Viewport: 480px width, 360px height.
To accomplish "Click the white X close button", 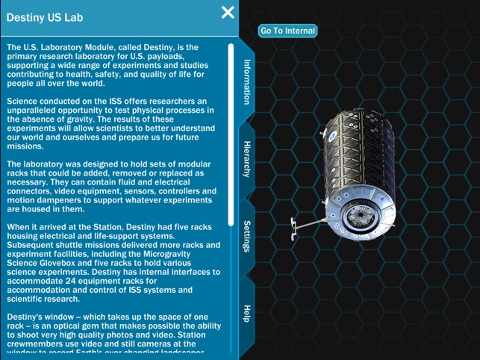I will coord(228,12).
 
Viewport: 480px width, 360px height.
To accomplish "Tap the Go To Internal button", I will coord(287,31).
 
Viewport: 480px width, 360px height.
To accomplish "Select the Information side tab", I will coord(247,82).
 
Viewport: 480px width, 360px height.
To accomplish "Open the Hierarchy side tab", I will coord(247,158).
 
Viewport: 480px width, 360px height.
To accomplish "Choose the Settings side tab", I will coord(247,236).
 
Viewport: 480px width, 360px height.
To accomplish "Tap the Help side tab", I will coord(247,313).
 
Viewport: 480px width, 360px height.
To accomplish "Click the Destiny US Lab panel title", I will coord(45,17).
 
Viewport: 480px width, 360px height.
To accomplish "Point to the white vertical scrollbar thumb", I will coord(231,134).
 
